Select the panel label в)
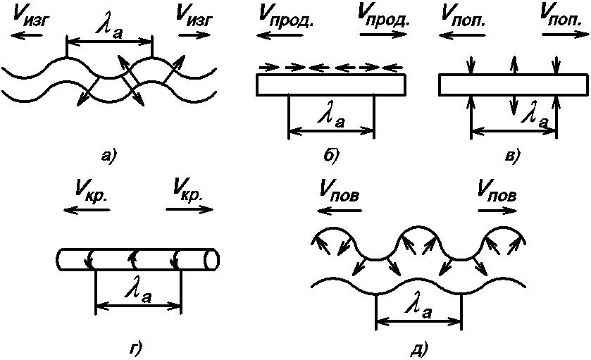pos(513,155)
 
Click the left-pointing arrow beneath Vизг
pos(22,33)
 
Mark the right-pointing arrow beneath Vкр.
pos(185,209)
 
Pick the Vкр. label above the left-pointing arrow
pos(89,190)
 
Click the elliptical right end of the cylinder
pos(211,259)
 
